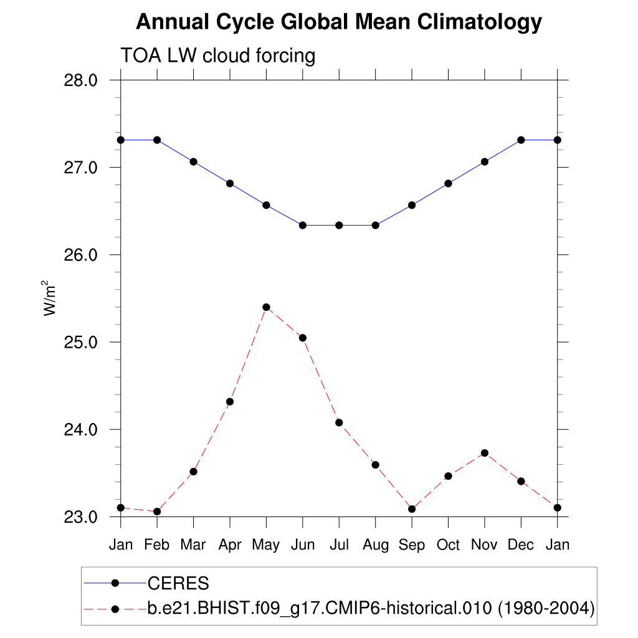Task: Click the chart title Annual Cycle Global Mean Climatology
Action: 338,22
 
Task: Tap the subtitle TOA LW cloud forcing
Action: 218,55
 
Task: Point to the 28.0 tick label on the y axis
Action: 81,80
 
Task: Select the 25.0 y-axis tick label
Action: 81,342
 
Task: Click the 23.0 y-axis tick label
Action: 81,517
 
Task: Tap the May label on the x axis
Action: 266,545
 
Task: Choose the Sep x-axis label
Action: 412,545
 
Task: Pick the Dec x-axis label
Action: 521,545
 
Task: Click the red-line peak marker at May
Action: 266,307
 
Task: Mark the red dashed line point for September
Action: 412,509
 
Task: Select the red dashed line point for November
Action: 485,453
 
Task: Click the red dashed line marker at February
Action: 157,512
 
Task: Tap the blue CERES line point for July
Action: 339,225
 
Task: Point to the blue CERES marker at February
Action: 157,140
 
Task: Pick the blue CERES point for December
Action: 521,140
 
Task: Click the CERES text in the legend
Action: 178,583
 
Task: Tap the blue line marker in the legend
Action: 115,583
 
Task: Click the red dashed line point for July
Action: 339,422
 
